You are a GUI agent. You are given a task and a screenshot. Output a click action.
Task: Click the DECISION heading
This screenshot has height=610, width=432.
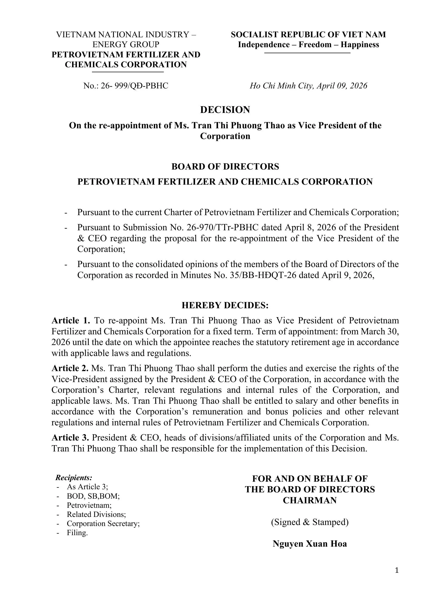[x=225, y=110]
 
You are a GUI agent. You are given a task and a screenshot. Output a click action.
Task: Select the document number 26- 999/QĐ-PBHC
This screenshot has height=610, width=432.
[x=134, y=86]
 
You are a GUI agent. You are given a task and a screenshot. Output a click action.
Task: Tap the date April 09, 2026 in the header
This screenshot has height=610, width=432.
[x=342, y=86]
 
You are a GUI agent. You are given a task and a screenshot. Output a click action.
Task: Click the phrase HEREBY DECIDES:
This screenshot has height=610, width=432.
[x=225, y=305]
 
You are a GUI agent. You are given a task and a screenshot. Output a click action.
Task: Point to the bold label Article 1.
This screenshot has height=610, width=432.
[x=71, y=321]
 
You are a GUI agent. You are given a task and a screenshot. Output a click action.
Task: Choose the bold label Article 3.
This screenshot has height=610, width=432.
[x=70, y=437]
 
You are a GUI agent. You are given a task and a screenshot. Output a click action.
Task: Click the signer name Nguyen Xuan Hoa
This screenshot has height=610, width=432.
[x=310, y=543]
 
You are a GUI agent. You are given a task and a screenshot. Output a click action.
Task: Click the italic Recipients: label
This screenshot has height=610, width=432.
[x=74, y=478]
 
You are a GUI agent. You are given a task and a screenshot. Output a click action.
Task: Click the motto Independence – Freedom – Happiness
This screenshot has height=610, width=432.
[x=308, y=44]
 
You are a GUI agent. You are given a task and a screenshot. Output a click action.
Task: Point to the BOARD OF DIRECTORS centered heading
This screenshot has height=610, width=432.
[x=225, y=166]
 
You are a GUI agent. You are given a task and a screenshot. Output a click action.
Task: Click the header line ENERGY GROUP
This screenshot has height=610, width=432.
[x=126, y=44]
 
